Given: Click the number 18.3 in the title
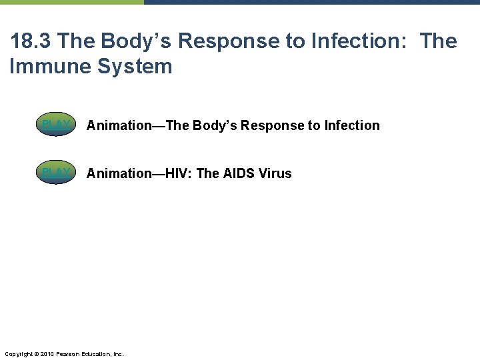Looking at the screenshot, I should coord(31,41).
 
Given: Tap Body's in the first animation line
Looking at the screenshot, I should coord(215,125).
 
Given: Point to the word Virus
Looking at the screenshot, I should coord(277,173).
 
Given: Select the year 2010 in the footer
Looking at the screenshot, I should coord(46,353).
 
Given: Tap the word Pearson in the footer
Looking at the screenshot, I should coord(68,353).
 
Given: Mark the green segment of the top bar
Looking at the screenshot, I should coord(71,2).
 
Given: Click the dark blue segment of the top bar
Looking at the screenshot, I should coord(311,2).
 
